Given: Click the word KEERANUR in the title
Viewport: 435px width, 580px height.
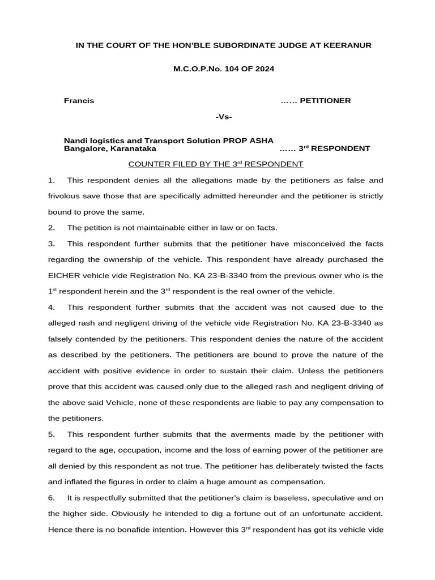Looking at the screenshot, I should coord(347,45).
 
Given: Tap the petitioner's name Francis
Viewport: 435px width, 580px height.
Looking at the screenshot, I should coord(79,101).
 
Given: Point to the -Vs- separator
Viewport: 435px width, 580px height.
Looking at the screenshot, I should coord(224,117).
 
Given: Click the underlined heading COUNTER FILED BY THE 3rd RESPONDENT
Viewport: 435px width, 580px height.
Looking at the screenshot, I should coord(216,164).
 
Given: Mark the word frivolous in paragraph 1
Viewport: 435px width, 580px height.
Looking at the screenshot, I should coord(67,196).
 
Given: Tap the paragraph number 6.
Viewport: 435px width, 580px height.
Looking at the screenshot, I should coord(52,498).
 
